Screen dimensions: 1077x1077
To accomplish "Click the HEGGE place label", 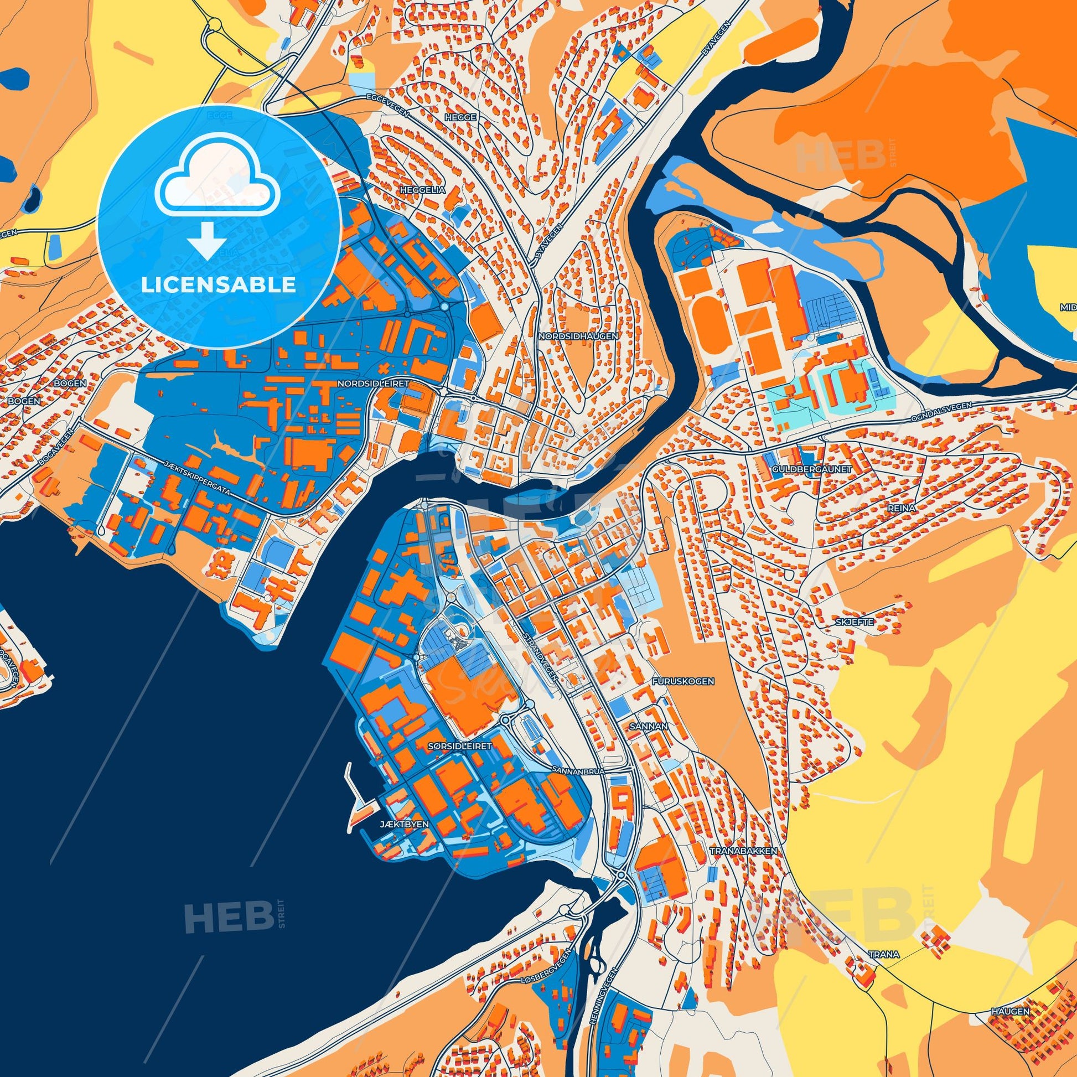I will point(460,118).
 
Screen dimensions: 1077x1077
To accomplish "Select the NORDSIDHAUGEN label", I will point(578,336).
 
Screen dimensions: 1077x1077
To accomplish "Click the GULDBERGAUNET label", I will point(804,469).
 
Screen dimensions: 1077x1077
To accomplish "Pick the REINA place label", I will point(891,509).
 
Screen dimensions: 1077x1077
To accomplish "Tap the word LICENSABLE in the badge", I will point(219,285).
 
